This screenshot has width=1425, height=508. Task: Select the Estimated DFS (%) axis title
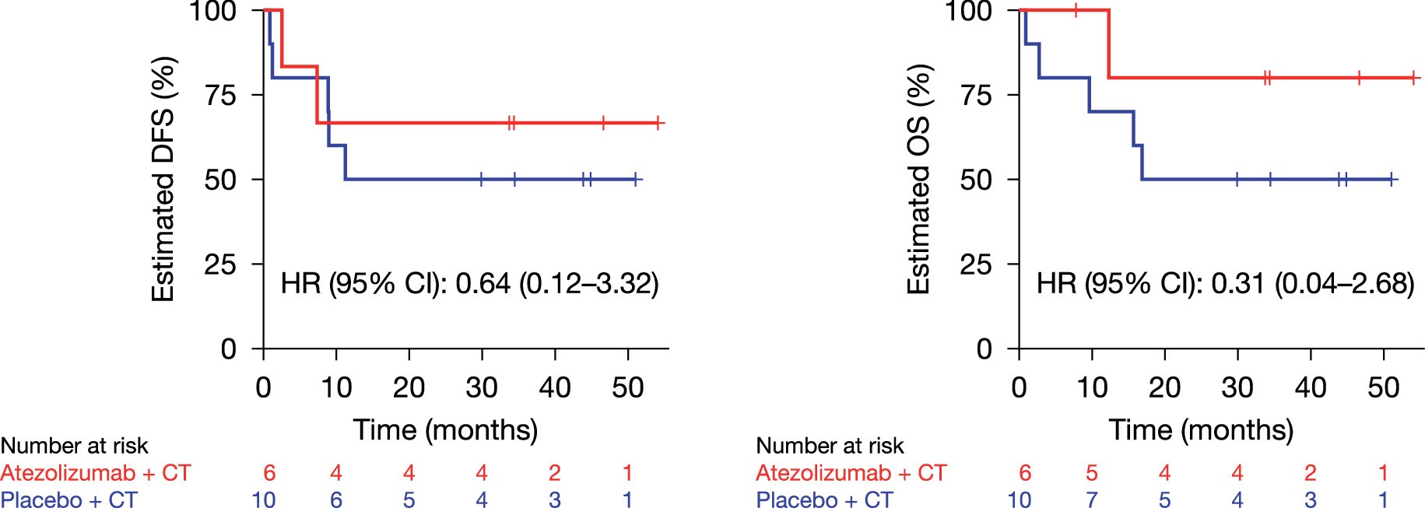(x=163, y=179)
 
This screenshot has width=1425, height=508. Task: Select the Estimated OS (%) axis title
(x=919, y=179)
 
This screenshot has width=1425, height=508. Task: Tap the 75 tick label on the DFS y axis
(x=220, y=95)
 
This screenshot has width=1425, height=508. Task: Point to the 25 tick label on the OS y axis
(x=976, y=265)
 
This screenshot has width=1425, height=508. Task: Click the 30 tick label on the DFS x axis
(x=481, y=387)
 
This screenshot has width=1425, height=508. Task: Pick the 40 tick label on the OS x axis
(x=1310, y=387)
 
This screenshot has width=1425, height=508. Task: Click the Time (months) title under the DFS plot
(x=445, y=429)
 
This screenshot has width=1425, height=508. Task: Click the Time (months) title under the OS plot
(x=1201, y=429)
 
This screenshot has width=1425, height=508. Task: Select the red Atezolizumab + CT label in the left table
(x=95, y=473)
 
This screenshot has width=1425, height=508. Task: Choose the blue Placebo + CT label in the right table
(x=825, y=499)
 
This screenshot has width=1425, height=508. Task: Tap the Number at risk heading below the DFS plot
(x=74, y=446)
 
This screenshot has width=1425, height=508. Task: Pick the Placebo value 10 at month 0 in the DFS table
(x=263, y=499)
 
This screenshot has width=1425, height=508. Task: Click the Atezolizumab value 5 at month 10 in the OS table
(x=1091, y=473)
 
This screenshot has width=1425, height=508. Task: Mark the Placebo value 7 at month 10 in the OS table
(x=1091, y=499)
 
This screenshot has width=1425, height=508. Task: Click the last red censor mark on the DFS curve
(x=658, y=123)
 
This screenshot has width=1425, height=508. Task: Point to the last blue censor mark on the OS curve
(x=1391, y=179)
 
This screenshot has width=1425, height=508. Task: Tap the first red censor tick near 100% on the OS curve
(x=1076, y=10)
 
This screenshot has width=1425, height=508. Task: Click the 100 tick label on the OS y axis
(x=968, y=11)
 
